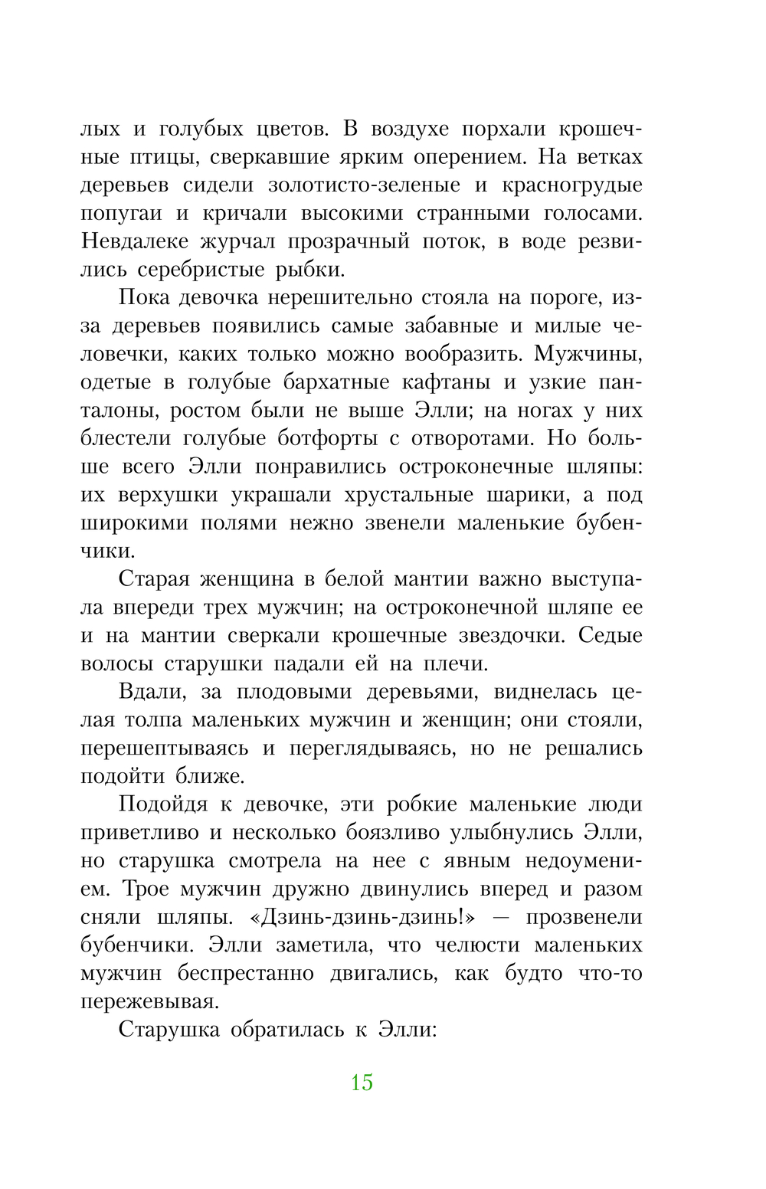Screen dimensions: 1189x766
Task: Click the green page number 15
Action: pyautogui.click(x=362, y=1083)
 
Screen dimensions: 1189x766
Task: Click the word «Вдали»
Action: pyautogui.click(x=152, y=693)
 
